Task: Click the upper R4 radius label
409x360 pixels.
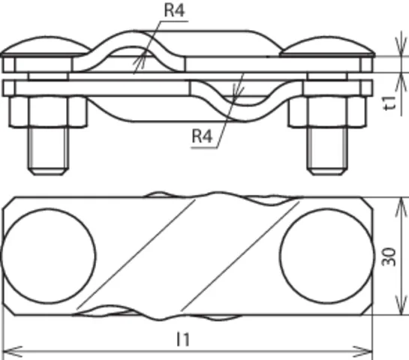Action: click(175, 10)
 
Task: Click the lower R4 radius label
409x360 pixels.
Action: click(202, 136)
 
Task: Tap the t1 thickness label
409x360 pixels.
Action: click(391, 103)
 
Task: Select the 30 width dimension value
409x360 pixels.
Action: click(389, 257)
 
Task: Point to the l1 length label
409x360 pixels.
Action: click(183, 340)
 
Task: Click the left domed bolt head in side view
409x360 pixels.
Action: click(47, 46)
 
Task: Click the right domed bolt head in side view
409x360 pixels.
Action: click(327, 46)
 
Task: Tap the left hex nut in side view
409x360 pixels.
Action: click(48, 112)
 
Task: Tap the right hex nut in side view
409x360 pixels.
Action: click(327, 112)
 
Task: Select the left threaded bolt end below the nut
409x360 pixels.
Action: click(48, 151)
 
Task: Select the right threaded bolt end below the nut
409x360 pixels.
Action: click(327, 151)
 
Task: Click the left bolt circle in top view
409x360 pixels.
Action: click(48, 256)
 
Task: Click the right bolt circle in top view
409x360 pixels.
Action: click(327, 256)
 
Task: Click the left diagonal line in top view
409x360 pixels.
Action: click(136, 254)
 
